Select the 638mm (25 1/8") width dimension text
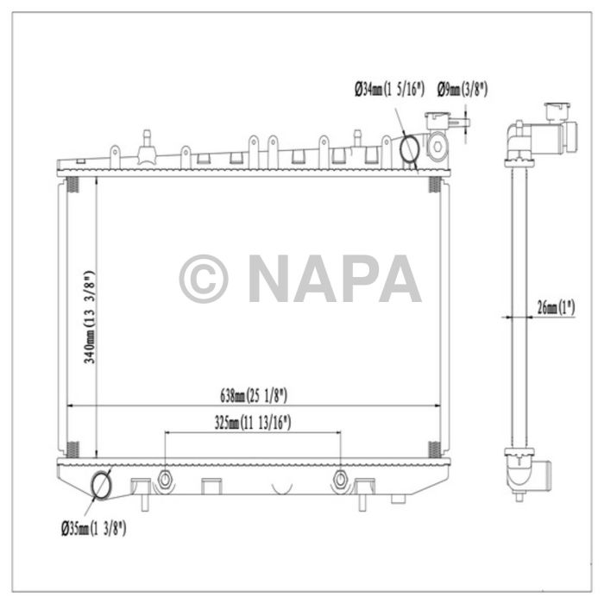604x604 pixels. tap(253, 396)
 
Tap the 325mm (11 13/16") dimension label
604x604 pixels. tap(253, 423)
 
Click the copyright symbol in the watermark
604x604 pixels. tap(204, 279)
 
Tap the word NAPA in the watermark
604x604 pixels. tap(334, 279)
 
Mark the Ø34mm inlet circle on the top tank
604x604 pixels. tap(410, 149)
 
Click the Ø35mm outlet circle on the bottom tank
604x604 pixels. tap(102, 484)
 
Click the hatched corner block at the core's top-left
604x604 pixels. tap(72, 185)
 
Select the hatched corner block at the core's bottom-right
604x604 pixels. tap(435, 450)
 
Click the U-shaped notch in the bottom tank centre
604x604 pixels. tap(281, 488)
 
